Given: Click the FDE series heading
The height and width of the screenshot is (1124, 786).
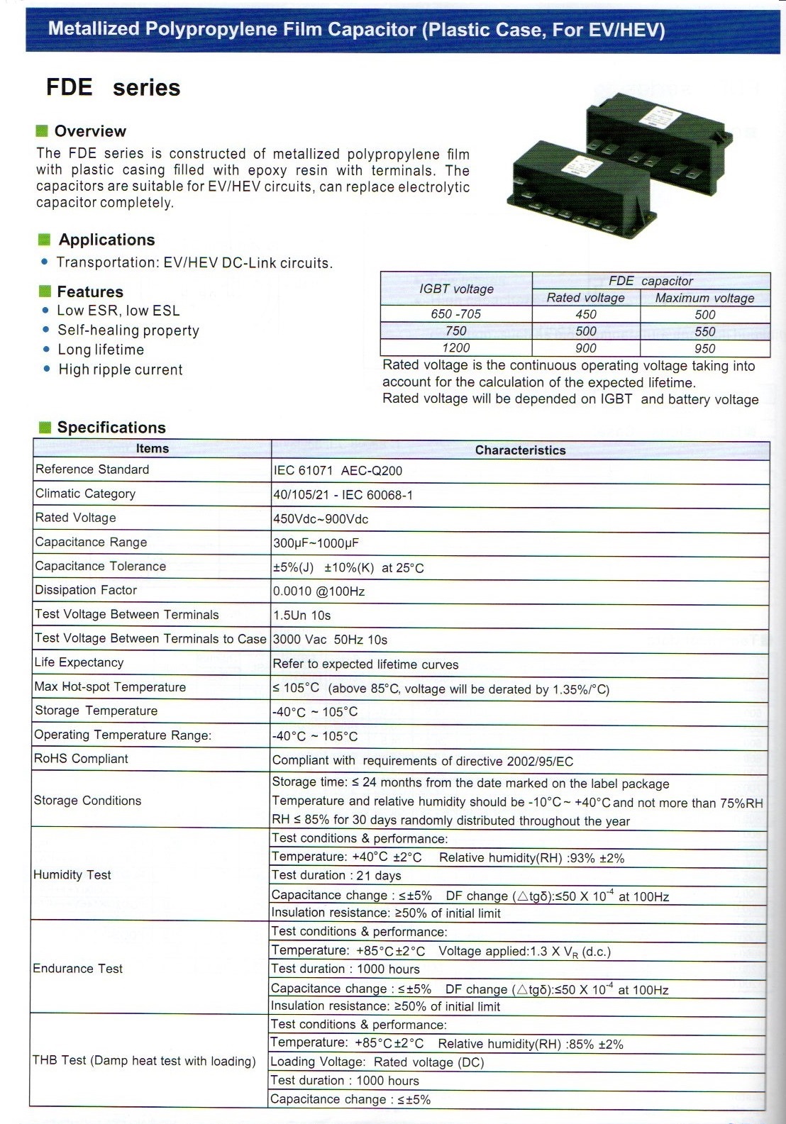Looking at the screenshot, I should click(x=113, y=87).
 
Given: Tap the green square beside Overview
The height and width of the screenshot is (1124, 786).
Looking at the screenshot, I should click(x=42, y=130).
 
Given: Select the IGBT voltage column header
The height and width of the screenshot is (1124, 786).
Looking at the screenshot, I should click(x=456, y=289).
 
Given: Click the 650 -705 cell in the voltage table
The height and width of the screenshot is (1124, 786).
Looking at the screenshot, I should click(x=456, y=313).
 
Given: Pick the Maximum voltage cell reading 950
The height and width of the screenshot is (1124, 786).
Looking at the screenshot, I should click(x=704, y=348).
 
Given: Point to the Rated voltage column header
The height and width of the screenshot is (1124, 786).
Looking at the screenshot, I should click(x=585, y=298).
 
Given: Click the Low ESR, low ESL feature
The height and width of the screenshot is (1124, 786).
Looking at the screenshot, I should click(x=118, y=311).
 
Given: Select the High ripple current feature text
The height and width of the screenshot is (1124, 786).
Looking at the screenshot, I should click(x=121, y=369).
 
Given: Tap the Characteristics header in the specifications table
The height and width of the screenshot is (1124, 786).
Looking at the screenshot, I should click(x=520, y=450).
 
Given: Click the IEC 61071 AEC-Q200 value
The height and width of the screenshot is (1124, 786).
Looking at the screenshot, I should click(x=338, y=471).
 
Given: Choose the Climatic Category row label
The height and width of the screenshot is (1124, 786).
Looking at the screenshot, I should click(x=85, y=494).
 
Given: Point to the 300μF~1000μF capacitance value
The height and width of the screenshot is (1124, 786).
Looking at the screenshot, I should click(x=316, y=544).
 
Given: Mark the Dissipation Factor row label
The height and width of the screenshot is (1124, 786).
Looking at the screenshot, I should click(x=86, y=590).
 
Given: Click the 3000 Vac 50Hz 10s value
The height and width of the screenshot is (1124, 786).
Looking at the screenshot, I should click(x=330, y=640).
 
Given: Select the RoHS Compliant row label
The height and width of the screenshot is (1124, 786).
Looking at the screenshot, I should click(x=81, y=759).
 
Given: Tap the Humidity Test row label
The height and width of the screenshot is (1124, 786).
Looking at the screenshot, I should click(x=72, y=875).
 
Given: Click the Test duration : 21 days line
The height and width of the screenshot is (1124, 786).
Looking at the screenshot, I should click(x=336, y=876).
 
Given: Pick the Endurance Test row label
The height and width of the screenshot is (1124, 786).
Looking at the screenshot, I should click(x=78, y=969).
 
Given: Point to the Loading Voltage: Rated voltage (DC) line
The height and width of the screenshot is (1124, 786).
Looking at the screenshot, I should click(x=377, y=1062).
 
